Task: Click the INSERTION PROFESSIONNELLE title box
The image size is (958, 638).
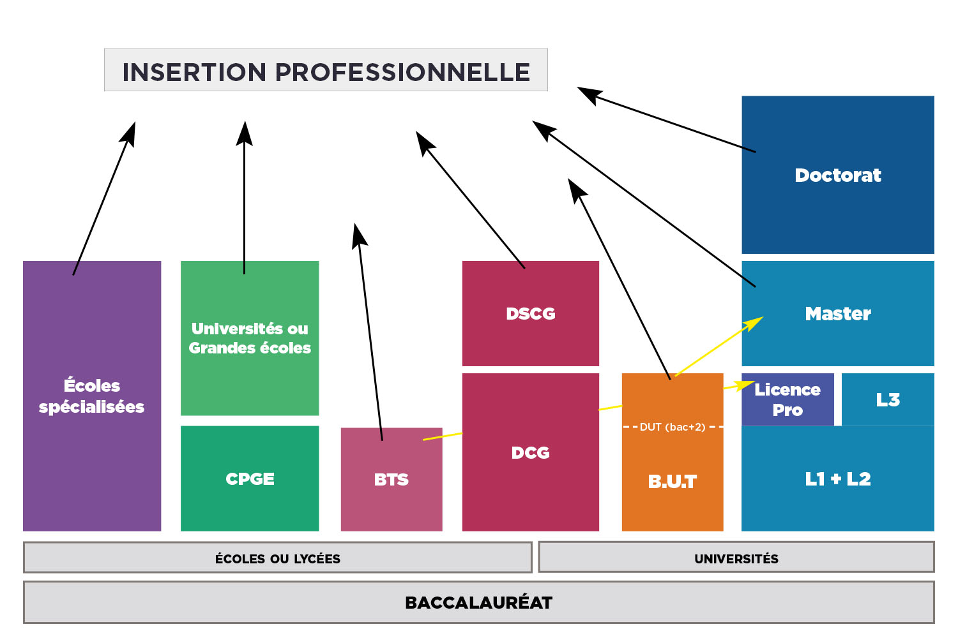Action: (326, 70)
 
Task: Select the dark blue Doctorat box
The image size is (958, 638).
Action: (837, 175)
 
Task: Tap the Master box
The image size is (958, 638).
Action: (837, 313)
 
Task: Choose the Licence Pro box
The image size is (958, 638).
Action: (787, 400)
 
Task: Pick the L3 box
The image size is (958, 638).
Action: (888, 400)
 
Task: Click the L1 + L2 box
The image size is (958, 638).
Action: (837, 478)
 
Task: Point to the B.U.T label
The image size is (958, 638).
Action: (672, 482)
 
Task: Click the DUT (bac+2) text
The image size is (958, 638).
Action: (673, 427)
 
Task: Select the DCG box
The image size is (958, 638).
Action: (530, 452)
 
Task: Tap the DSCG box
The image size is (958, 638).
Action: (530, 313)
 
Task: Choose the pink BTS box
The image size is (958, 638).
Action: (391, 479)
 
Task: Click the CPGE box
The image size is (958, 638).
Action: (250, 478)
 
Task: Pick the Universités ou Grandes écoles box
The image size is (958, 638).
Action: (250, 338)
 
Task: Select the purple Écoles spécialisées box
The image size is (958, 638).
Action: (92, 396)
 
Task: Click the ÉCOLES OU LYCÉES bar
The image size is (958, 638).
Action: (277, 558)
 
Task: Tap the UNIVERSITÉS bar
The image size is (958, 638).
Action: (736, 558)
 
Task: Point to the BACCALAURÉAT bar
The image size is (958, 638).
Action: (478, 602)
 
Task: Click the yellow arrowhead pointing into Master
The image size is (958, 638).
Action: (756, 322)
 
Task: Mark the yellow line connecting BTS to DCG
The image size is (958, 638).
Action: (442, 436)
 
